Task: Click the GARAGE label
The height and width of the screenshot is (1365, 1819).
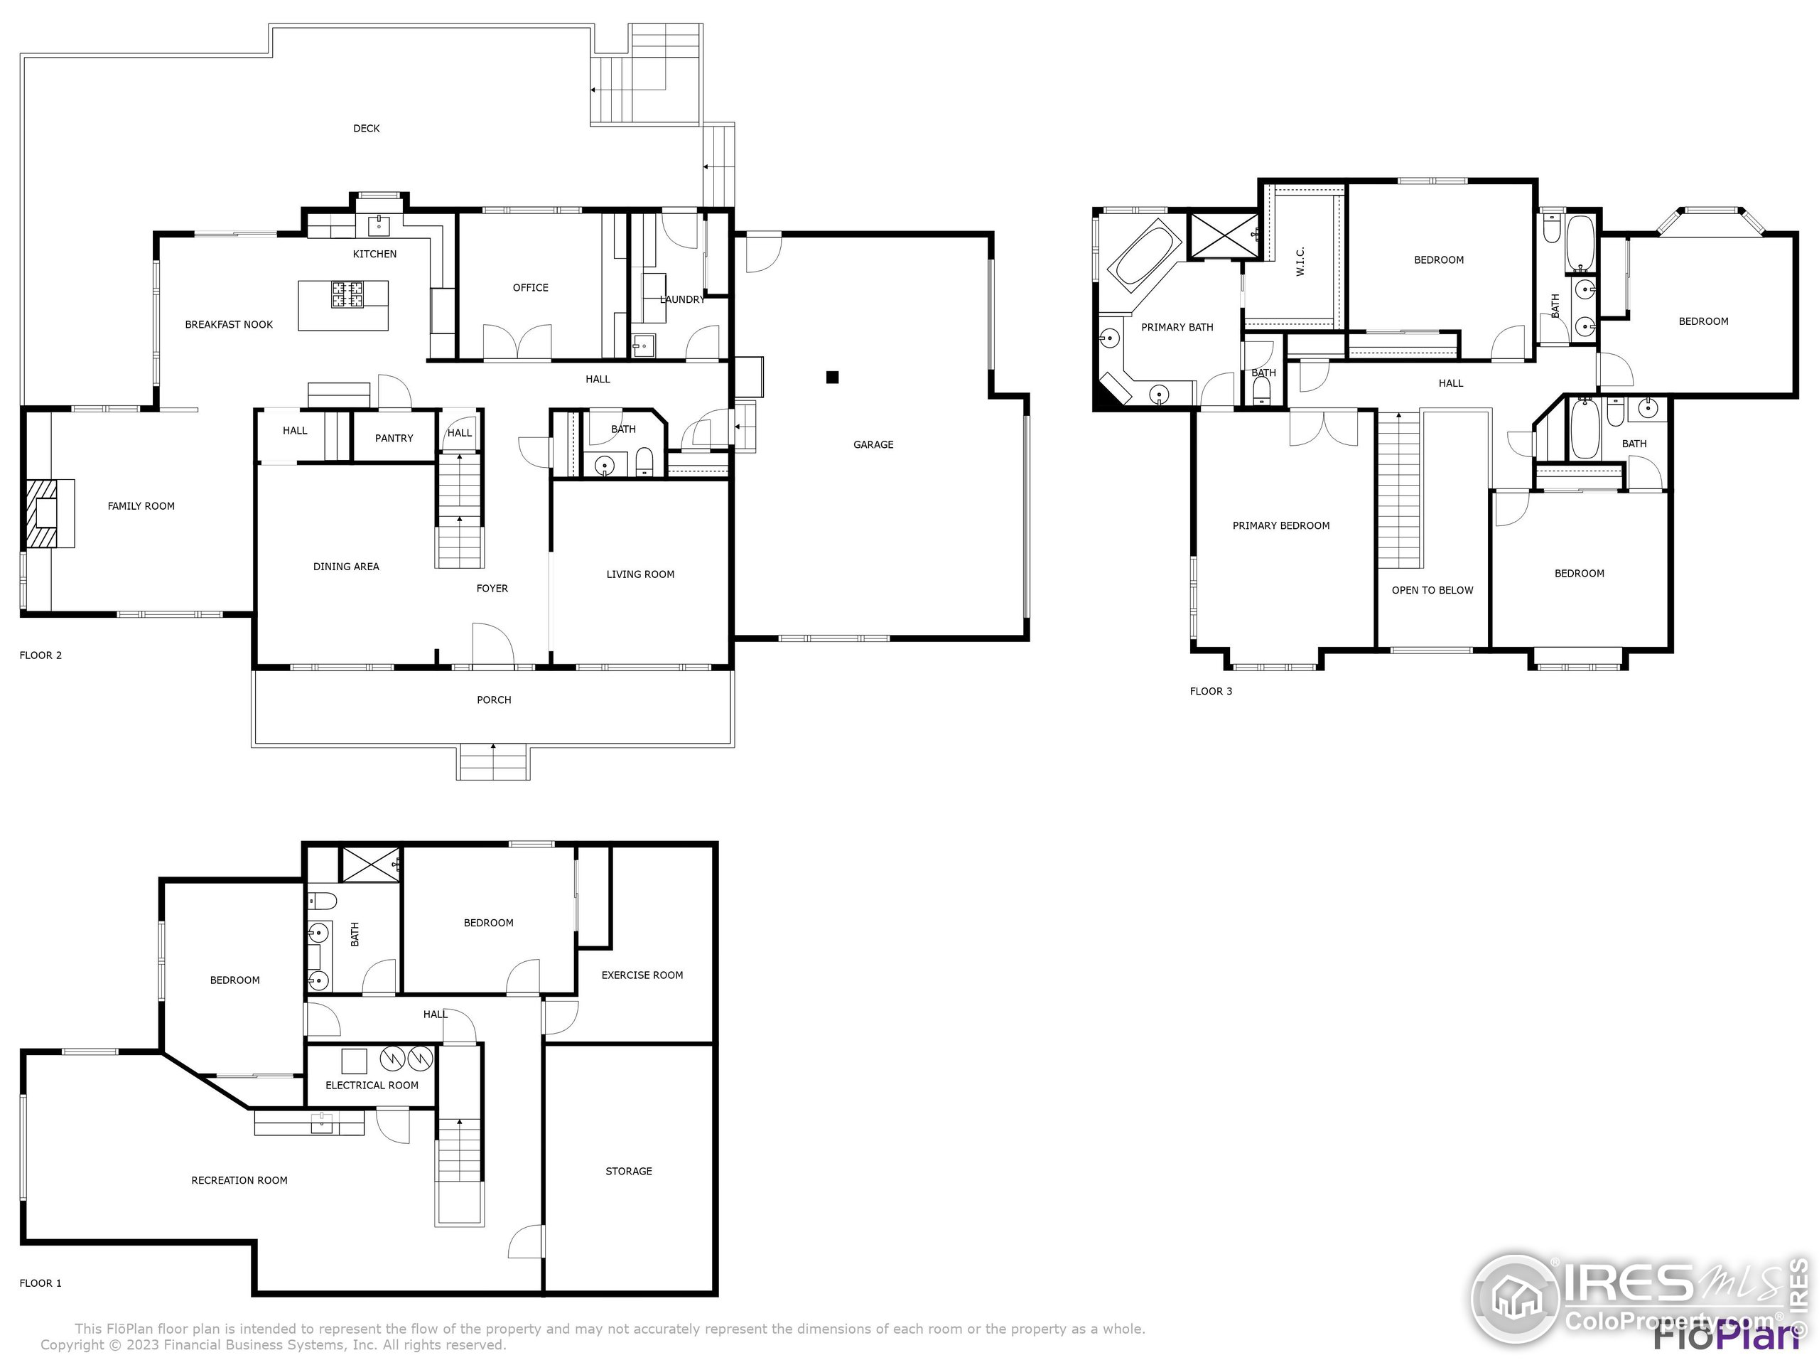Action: click(x=873, y=444)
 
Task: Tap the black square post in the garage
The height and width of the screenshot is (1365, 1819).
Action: click(x=832, y=378)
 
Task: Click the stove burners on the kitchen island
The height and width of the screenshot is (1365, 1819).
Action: click(x=347, y=294)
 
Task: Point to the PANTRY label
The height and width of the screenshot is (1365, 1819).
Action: click(x=394, y=438)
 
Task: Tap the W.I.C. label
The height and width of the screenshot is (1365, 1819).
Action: click(x=1300, y=261)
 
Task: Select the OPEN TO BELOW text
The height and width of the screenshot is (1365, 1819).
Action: click(x=1432, y=590)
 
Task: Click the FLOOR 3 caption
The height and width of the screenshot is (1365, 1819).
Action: click(x=1211, y=691)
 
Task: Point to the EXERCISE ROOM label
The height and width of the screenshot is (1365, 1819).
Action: click(x=642, y=975)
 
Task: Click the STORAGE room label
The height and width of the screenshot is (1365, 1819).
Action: click(x=628, y=1171)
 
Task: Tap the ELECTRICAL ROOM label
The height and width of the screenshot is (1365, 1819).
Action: click(x=372, y=1086)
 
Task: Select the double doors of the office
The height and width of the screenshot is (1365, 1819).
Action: click(x=517, y=342)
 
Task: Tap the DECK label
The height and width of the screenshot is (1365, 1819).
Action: click(x=366, y=129)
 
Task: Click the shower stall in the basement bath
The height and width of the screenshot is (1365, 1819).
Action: click(x=370, y=864)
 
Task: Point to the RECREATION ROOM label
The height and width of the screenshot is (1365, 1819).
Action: click(x=239, y=1180)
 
